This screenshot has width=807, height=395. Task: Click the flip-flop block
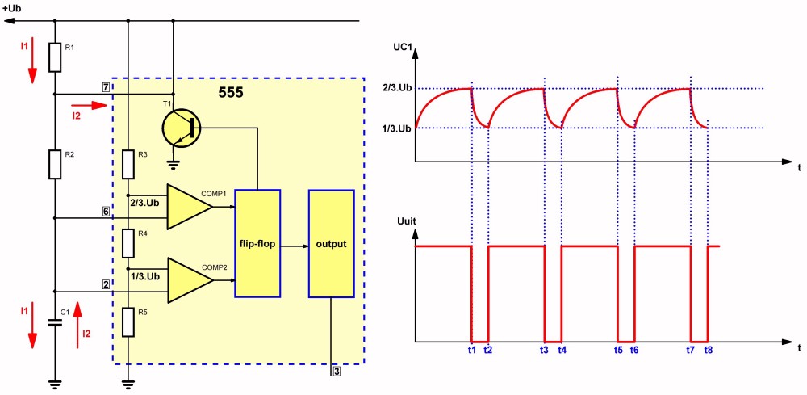(x=256, y=243)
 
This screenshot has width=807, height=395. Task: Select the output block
(x=331, y=243)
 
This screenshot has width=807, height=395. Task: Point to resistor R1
(x=55, y=57)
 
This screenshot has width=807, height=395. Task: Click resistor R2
(x=55, y=163)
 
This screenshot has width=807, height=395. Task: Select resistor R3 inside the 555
(x=128, y=164)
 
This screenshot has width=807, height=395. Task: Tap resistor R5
(x=128, y=321)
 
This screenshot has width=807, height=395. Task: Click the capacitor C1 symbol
(x=55, y=322)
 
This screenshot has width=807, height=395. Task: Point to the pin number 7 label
(x=106, y=86)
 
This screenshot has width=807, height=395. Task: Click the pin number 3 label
(x=336, y=372)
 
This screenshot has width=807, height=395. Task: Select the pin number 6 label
(x=106, y=211)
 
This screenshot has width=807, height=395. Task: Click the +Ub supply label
(x=12, y=7)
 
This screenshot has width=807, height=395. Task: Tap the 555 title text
(x=231, y=93)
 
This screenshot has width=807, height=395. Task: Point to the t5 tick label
(x=617, y=351)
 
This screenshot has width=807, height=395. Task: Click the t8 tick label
(x=708, y=351)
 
